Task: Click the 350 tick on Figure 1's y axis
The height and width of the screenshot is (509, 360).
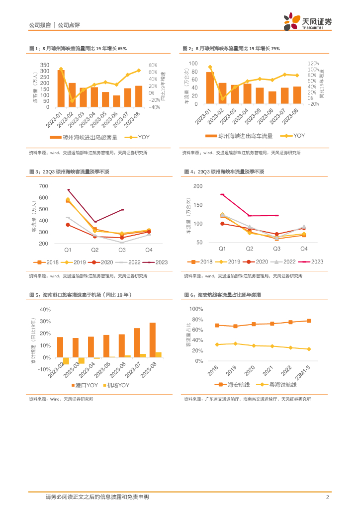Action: click(44, 65)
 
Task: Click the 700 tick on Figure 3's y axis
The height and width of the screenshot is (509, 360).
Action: click(43, 186)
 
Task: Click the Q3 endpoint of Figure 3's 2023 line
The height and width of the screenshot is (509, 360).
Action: click(122, 210)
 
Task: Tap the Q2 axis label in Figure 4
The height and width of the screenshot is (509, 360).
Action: click(250, 248)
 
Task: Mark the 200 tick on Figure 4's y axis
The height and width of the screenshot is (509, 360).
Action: click(198, 186)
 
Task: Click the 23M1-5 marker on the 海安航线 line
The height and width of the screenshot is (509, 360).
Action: click(309, 321)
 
